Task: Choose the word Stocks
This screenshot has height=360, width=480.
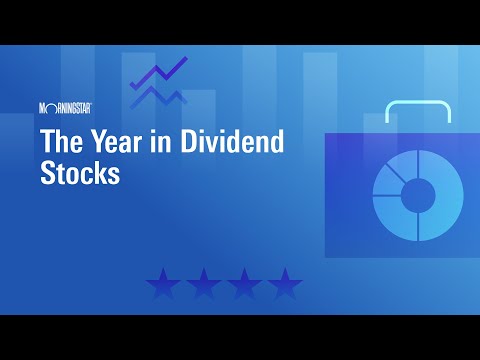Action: tap(80, 172)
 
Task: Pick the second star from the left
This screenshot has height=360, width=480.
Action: tap(204, 284)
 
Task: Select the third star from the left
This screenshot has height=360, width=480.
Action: tap(244, 284)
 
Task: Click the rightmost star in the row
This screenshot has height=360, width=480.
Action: tap(284, 284)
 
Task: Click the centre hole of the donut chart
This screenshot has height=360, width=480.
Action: tap(418, 194)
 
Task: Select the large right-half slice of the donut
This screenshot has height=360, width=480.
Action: tap(445, 195)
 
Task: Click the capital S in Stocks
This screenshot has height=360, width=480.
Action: tap(49, 172)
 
